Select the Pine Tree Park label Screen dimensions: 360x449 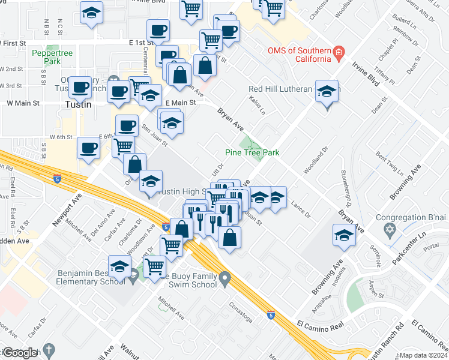click(252, 152)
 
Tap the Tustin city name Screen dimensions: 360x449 click(78, 104)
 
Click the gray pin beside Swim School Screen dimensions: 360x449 click(224, 278)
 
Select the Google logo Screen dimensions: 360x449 click(20, 353)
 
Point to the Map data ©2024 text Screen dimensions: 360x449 click(423, 355)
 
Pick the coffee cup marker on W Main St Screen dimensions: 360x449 click(80, 88)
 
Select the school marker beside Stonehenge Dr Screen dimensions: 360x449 click(344, 235)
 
